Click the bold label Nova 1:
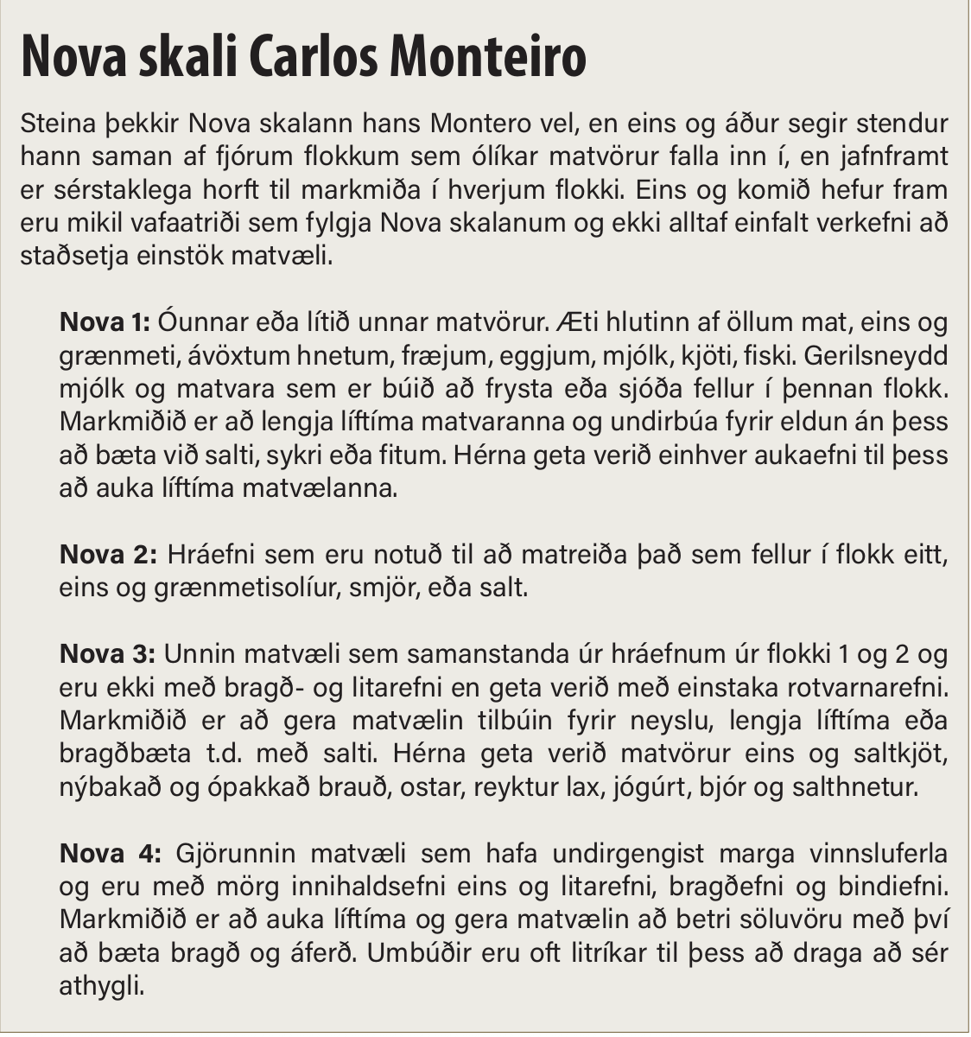point(105,322)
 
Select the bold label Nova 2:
point(108,555)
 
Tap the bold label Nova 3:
point(108,654)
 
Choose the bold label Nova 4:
point(110,854)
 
